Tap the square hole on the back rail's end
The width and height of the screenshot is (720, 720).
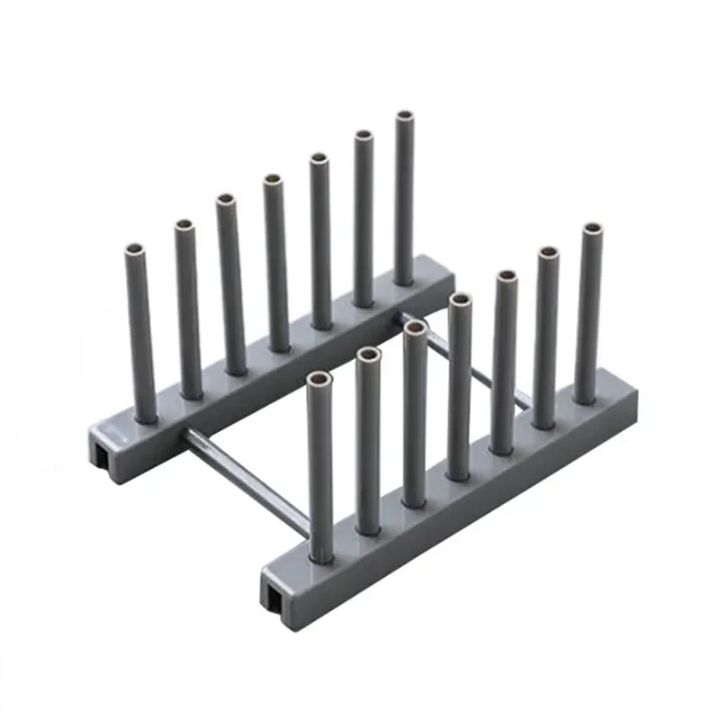coord(101,454)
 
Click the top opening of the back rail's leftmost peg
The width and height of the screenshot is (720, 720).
coord(134,247)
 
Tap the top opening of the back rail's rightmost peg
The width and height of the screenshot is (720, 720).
coord(404,116)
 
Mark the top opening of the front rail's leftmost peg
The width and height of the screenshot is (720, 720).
coord(317,379)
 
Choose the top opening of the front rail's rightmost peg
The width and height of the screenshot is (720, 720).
coord(592,229)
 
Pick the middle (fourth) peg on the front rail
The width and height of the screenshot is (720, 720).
coord(459,387)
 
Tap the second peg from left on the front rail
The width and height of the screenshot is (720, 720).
coord(367,441)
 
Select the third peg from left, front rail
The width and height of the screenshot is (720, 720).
coord(414,414)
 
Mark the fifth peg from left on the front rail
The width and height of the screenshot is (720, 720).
coord(505,360)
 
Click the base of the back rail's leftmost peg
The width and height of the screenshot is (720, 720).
coord(146,416)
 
